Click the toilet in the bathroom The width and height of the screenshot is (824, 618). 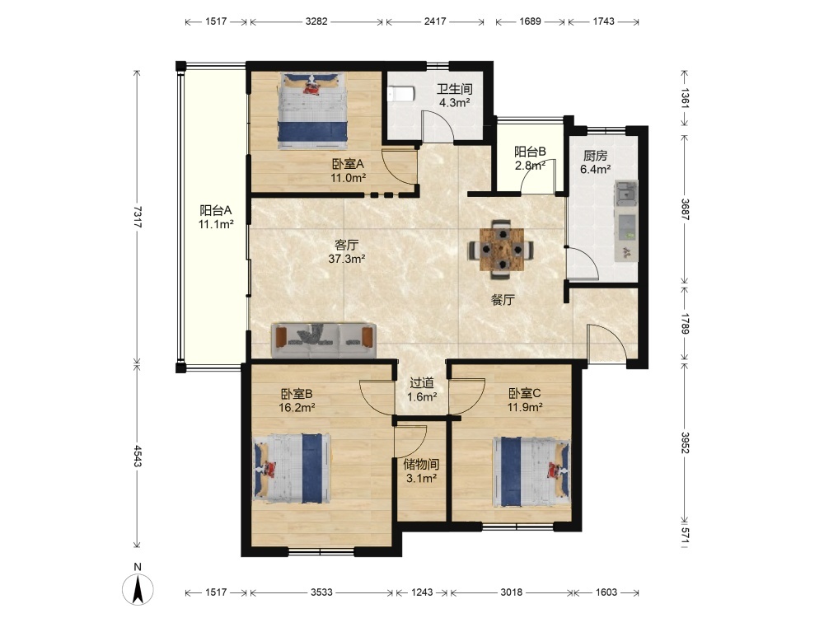[x=401, y=94]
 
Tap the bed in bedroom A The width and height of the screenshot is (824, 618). [x=312, y=111]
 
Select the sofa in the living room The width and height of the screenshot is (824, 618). [x=323, y=340]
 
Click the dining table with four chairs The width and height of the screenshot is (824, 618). [x=502, y=249]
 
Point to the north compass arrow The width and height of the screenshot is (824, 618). [x=138, y=589]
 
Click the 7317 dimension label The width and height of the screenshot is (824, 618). [x=137, y=216]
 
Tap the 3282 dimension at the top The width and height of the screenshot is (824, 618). [x=316, y=21]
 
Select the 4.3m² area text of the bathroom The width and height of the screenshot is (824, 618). [x=455, y=102]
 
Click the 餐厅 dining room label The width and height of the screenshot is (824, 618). [x=503, y=300]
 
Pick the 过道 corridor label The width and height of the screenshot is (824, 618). [x=422, y=383]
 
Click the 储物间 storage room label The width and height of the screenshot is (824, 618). [x=421, y=464]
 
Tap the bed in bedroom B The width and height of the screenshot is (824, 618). [x=293, y=468]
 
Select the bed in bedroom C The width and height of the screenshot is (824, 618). [x=531, y=471]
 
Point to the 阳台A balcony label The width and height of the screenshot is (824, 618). [x=215, y=211]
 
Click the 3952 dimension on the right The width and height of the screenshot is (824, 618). [x=685, y=442]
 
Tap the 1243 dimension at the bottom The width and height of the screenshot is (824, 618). [x=422, y=592]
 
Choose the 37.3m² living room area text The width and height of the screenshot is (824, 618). [x=347, y=259]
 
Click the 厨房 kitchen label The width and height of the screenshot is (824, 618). [x=596, y=156]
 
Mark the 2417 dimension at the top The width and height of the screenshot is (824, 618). [x=435, y=21]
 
